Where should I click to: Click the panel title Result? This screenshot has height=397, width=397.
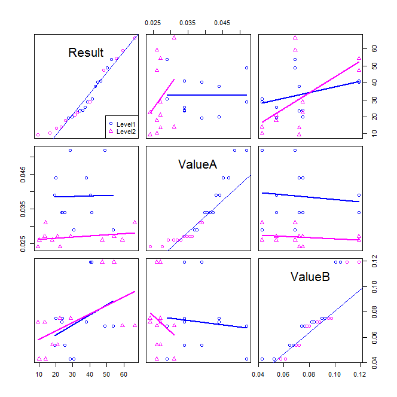point(86,53)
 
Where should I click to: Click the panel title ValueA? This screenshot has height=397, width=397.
point(197,164)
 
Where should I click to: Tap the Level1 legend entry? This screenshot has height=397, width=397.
point(125,124)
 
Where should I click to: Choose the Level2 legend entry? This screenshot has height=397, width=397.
point(125,131)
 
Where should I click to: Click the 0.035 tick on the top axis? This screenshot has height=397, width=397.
point(188,23)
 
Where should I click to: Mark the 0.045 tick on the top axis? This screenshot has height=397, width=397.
point(222,23)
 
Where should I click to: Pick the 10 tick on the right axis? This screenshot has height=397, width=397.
point(374,135)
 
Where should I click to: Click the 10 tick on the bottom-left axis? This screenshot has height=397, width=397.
point(38,375)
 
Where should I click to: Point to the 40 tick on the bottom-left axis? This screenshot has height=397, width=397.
point(90,375)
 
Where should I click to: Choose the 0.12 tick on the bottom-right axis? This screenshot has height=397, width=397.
point(359,375)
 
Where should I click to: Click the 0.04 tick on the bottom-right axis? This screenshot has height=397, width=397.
point(258,375)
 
